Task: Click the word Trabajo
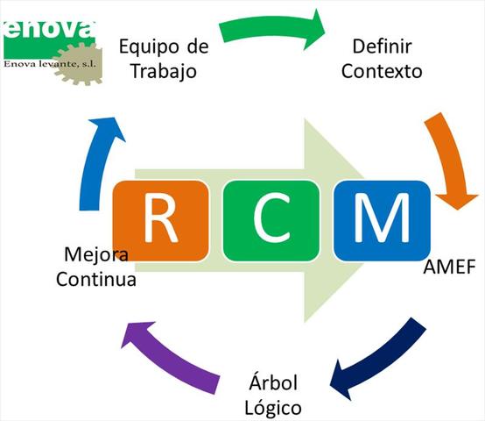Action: click(161, 71)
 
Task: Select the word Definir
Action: click(382, 45)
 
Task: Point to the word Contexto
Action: click(382, 70)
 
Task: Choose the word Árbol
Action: click(274, 383)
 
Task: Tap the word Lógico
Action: click(274, 408)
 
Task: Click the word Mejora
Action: click(96, 256)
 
